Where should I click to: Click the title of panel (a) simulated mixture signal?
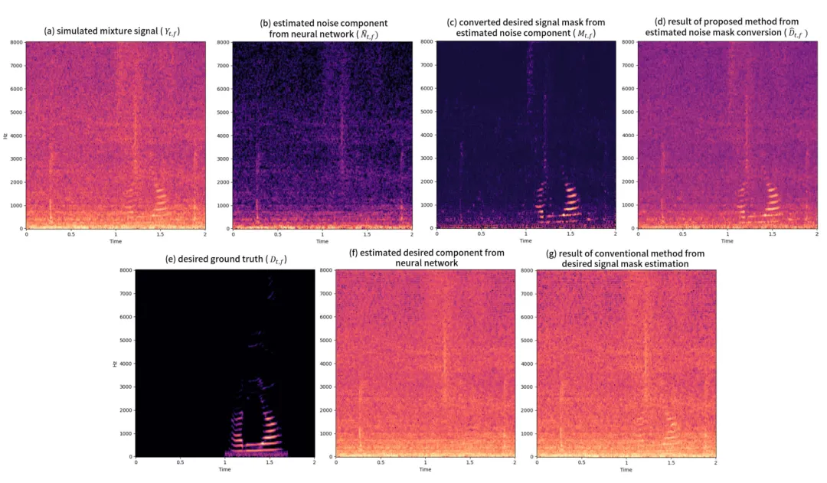click(x=116, y=31)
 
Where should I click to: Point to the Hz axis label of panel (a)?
click(x=6, y=135)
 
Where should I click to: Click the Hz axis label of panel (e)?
click(x=114, y=364)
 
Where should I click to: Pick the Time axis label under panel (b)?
click(x=321, y=241)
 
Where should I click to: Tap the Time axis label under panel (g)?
click(x=626, y=469)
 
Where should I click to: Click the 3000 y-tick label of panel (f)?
click(x=325, y=387)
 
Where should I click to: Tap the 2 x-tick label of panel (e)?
click(x=314, y=462)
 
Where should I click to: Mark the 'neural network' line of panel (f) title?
click(x=427, y=263)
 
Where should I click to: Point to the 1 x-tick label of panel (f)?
click(x=426, y=462)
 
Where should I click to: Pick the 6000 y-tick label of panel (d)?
click(x=629, y=88)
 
